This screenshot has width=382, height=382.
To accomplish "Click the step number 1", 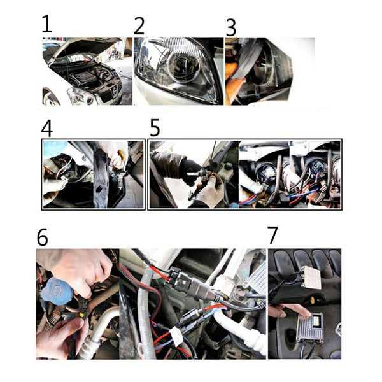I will (46, 25).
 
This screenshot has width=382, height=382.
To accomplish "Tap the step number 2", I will (139, 25).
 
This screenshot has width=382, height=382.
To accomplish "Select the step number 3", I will (231, 27).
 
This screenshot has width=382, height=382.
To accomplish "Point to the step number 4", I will (46, 127).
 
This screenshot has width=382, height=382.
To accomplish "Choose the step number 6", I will (43, 237).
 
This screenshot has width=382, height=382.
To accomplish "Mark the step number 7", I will (273, 234).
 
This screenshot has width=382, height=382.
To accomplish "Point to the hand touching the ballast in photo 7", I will (285, 310).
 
